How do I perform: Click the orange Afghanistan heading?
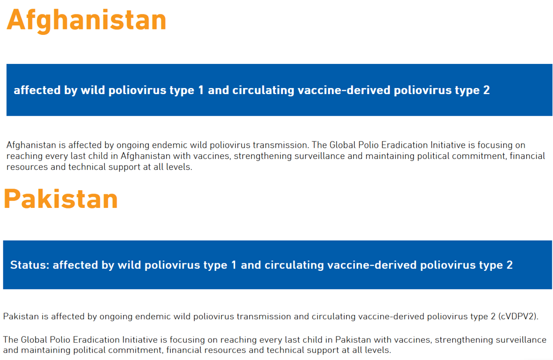[x=86, y=20]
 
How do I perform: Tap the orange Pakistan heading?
[x=61, y=199]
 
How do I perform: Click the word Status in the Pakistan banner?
[x=30, y=265]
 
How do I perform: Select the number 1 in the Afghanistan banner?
[x=201, y=90]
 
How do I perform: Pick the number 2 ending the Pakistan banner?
[x=510, y=265]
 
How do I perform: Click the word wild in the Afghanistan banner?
[x=93, y=90]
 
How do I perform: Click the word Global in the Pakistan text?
[x=34, y=340]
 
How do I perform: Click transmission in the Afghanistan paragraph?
[x=281, y=145]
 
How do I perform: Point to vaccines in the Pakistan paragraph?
[x=412, y=340]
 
